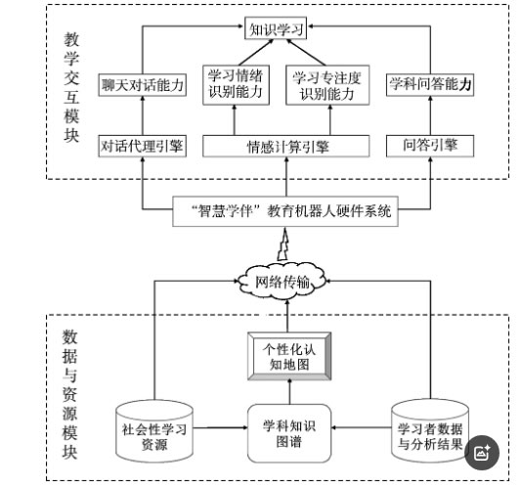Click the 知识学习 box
(276, 28)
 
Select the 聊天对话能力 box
(142, 85)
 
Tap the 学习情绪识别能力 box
(236, 85)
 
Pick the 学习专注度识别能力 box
(327, 85)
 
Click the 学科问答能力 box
(430, 85)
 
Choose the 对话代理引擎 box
(142, 146)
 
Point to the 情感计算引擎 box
(285, 146)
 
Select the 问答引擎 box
(430, 146)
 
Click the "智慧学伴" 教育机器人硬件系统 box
(285, 211)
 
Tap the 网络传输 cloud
(283, 282)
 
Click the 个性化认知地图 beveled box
(289, 356)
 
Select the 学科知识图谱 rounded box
(289, 433)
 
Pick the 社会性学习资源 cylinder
(154, 431)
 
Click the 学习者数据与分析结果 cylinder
(430, 431)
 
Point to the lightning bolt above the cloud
(283, 244)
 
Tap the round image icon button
(482, 453)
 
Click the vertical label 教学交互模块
(71, 87)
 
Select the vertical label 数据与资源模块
(70, 394)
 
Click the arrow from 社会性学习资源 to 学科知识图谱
(220, 427)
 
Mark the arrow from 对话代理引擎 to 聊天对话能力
(143, 115)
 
